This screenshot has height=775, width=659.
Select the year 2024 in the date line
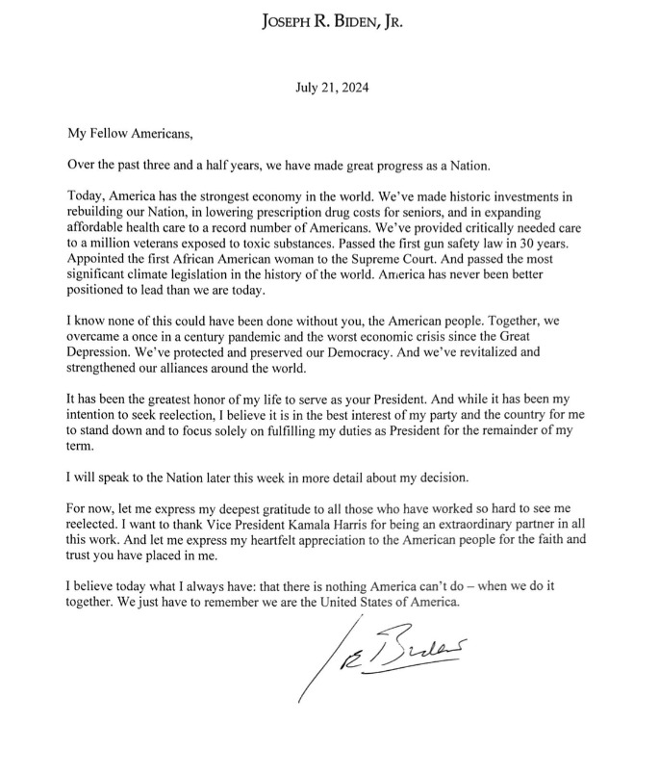coord(351,89)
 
